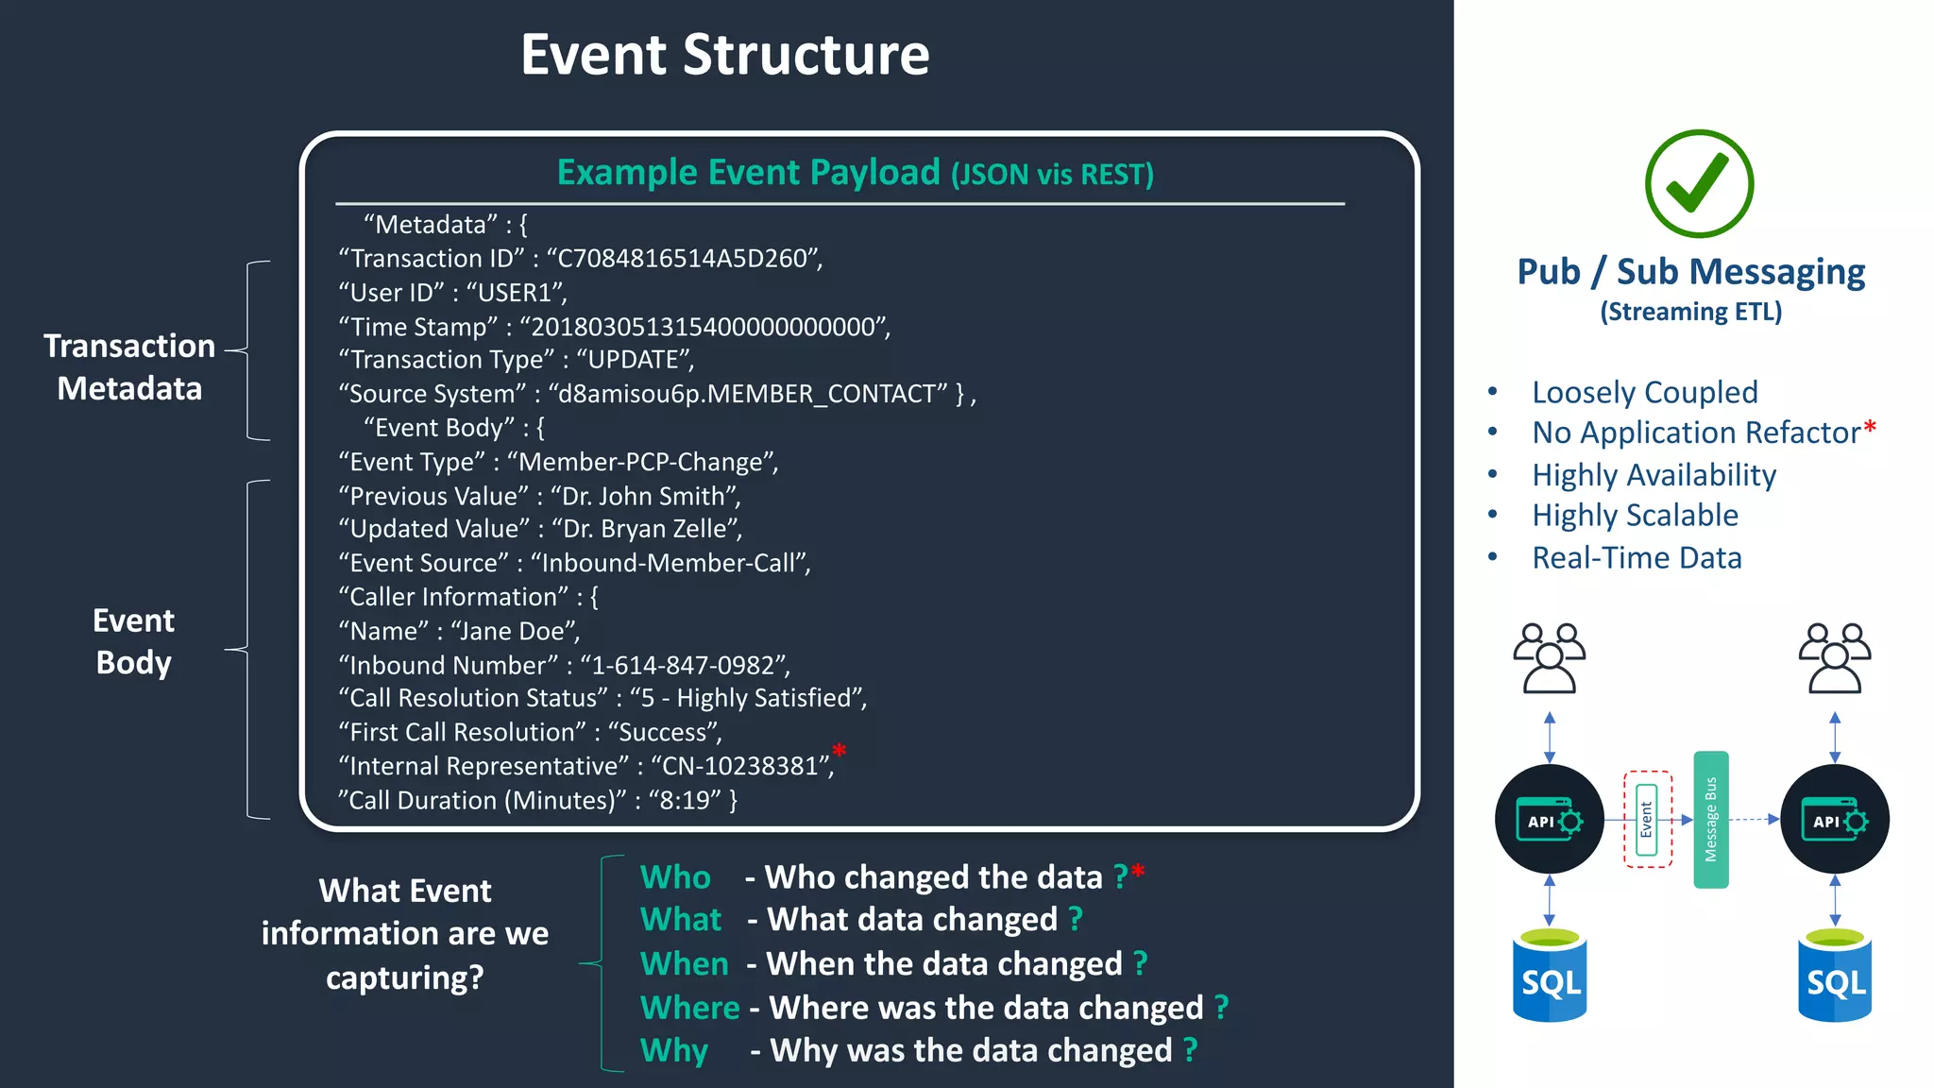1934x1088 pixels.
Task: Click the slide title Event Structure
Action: click(x=724, y=55)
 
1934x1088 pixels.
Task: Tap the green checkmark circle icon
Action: click(x=1699, y=184)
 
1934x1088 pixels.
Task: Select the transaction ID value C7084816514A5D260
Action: click(x=682, y=259)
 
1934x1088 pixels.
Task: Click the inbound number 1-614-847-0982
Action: click(x=683, y=665)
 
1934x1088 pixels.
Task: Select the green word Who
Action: click(x=675, y=877)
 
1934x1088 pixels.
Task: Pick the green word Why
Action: click(x=674, y=1050)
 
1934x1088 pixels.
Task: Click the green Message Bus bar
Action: click(x=1711, y=820)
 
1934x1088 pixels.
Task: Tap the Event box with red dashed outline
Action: click(x=1647, y=820)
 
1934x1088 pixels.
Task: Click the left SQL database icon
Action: click(x=1550, y=977)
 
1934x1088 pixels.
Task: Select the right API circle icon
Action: click(x=1834, y=820)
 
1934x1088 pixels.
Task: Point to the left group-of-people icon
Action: click(x=1549, y=658)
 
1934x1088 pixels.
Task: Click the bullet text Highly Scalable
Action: click(x=1635, y=516)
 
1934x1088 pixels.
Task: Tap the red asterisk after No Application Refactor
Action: click(x=1870, y=429)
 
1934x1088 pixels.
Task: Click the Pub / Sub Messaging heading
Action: click(x=1690, y=272)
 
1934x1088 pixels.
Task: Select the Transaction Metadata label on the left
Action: click(x=129, y=367)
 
